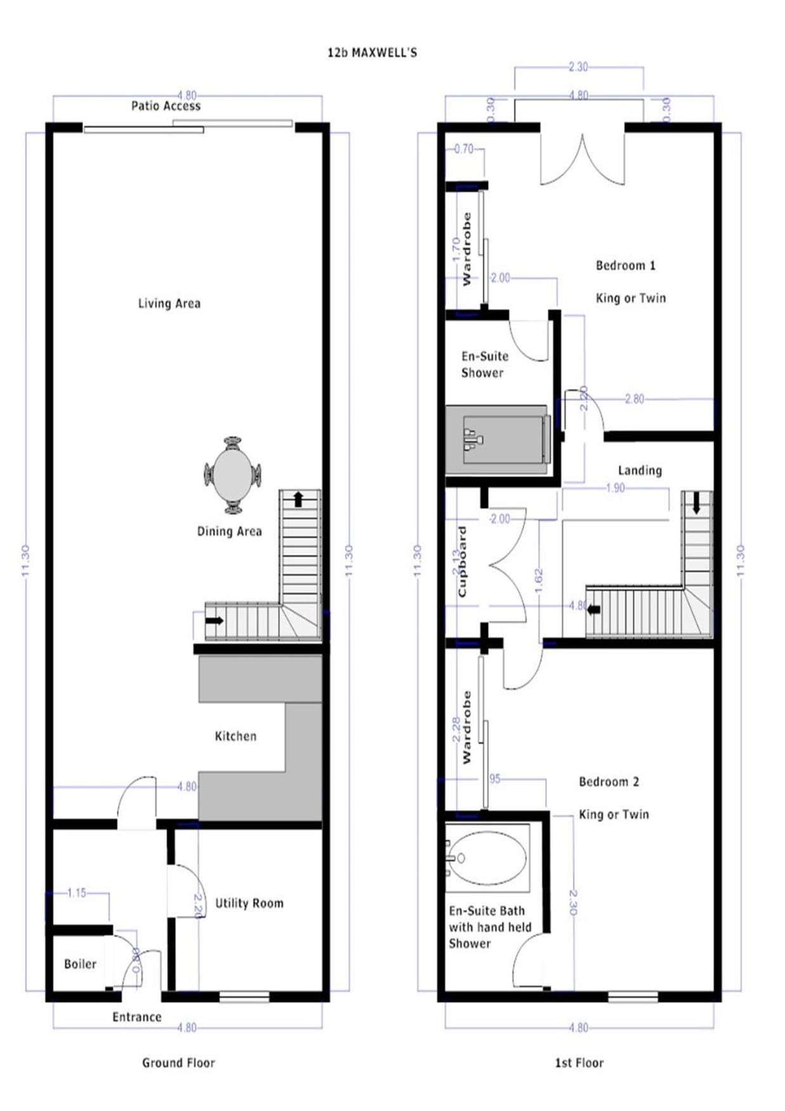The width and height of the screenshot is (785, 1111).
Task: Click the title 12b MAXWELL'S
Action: pyautogui.click(x=372, y=53)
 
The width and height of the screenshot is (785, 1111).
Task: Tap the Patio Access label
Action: pyautogui.click(x=165, y=106)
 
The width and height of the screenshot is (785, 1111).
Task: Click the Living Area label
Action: pyautogui.click(x=169, y=303)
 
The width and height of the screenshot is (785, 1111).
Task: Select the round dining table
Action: pyautogui.click(x=233, y=474)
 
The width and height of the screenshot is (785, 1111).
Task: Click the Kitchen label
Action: pyautogui.click(x=236, y=736)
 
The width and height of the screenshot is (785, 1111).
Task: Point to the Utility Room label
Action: pyautogui.click(x=249, y=903)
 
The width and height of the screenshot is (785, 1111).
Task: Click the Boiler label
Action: pyautogui.click(x=80, y=964)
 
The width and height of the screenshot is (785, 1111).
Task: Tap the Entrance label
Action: pyautogui.click(x=137, y=1017)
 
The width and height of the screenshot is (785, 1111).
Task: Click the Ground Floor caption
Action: pyautogui.click(x=178, y=1063)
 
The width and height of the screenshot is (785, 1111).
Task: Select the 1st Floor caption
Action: pyautogui.click(x=579, y=1063)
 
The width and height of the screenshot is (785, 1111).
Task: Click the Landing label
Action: pyautogui.click(x=640, y=470)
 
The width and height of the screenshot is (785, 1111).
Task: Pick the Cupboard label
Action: pyautogui.click(x=462, y=561)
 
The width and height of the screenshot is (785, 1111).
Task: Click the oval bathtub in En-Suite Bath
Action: pyautogui.click(x=488, y=858)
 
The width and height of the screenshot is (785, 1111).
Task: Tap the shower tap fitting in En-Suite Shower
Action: pyautogui.click(x=472, y=439)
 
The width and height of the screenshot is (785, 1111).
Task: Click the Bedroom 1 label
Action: pyautogui.click(x=625, y=265)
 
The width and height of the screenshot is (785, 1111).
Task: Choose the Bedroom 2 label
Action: pyautogui.click(x=609, y=782)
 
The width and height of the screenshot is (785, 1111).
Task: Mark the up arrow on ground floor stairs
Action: pyautogui.click(x=298, y=499)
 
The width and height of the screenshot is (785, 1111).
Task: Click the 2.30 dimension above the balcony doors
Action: pyautogui.click(x=578, y=67)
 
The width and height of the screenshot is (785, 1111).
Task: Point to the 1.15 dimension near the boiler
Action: pyautogui.click(x=77, y=893)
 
